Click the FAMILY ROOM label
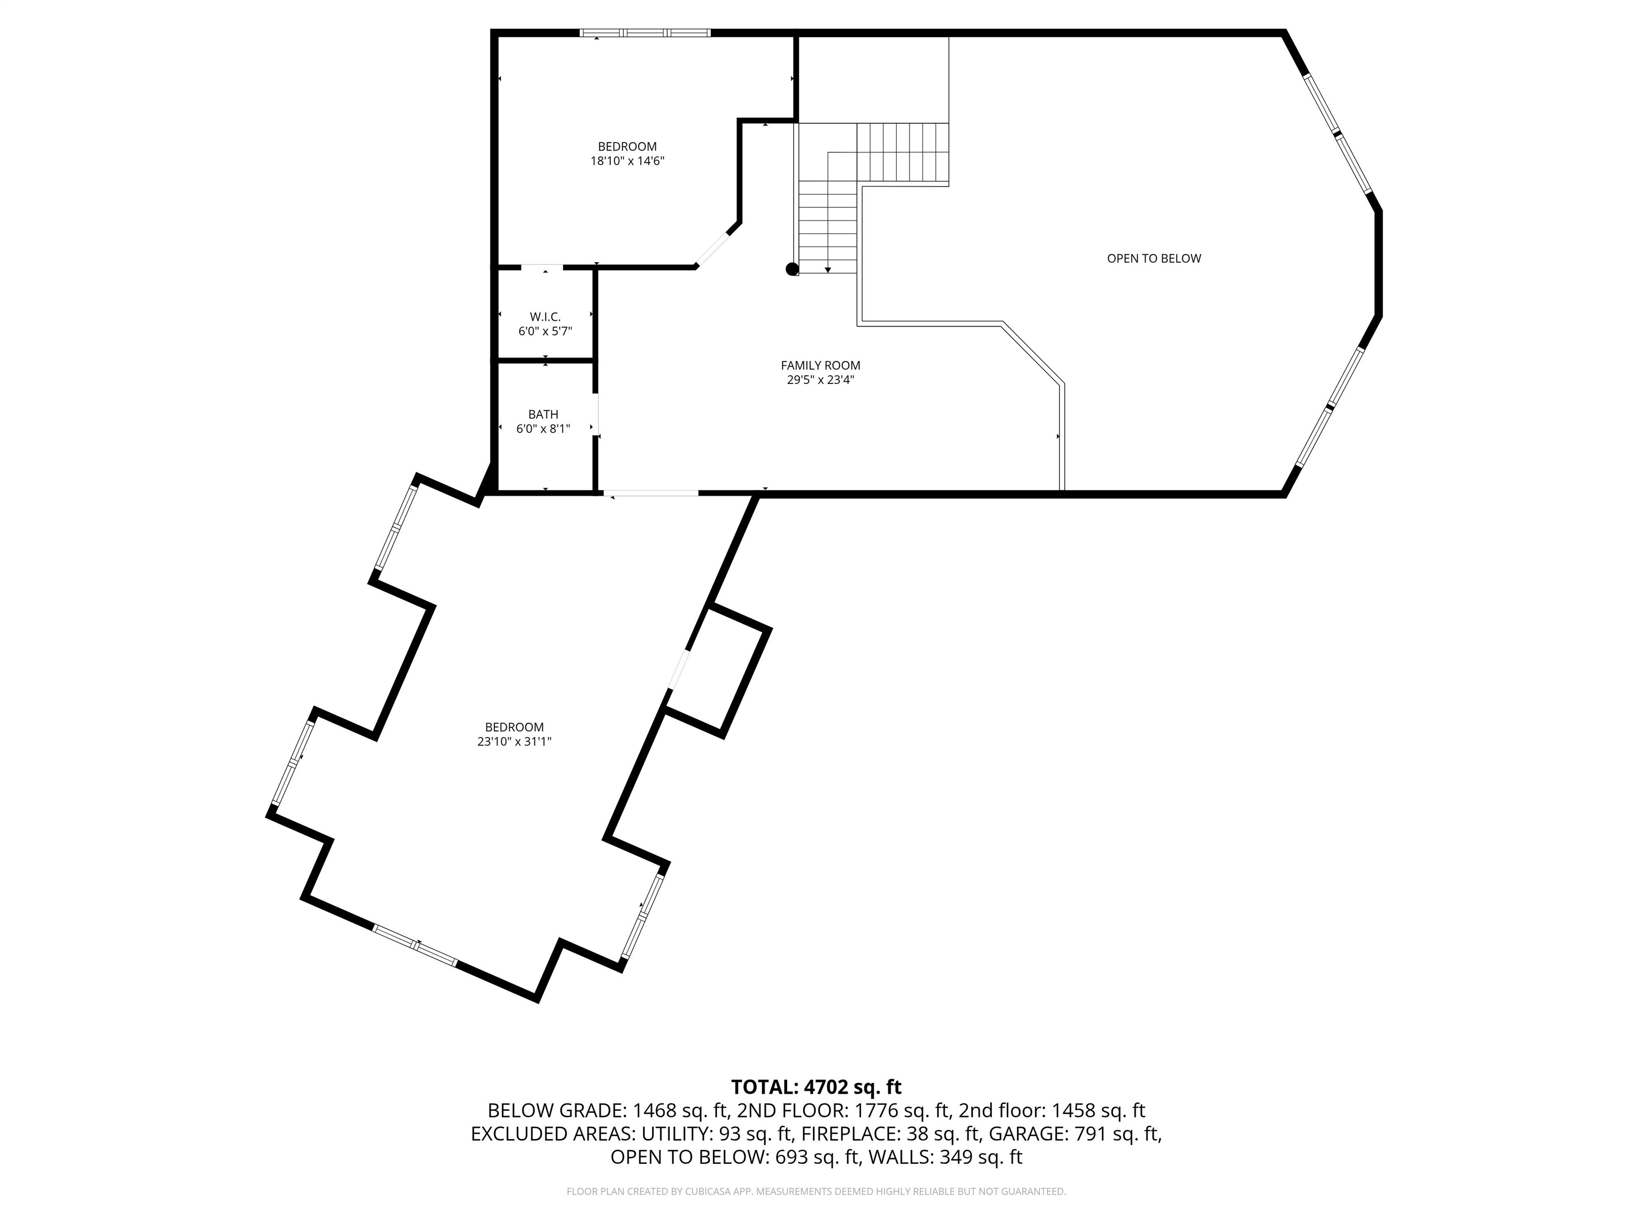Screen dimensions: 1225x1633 coord(820,365)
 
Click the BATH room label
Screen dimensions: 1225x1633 coord(543,414)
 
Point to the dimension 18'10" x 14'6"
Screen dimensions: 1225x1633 coord(627,161)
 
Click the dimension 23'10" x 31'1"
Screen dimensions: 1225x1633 coord(514,741)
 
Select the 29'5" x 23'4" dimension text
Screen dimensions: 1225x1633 coord(820,380)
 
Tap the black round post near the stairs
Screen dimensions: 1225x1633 coord(792,269)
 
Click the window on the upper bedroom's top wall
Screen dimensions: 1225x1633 coord(644,32)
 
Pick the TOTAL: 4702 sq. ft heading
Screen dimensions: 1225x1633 coord(816,1087)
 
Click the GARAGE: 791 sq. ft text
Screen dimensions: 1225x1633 coord(1074,1134)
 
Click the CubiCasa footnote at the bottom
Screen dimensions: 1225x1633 coord(816,1191)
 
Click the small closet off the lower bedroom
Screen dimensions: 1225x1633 coord(718,670)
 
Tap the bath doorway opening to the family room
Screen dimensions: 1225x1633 coord(596,415)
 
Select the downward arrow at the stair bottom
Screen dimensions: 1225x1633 coord(828,270)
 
